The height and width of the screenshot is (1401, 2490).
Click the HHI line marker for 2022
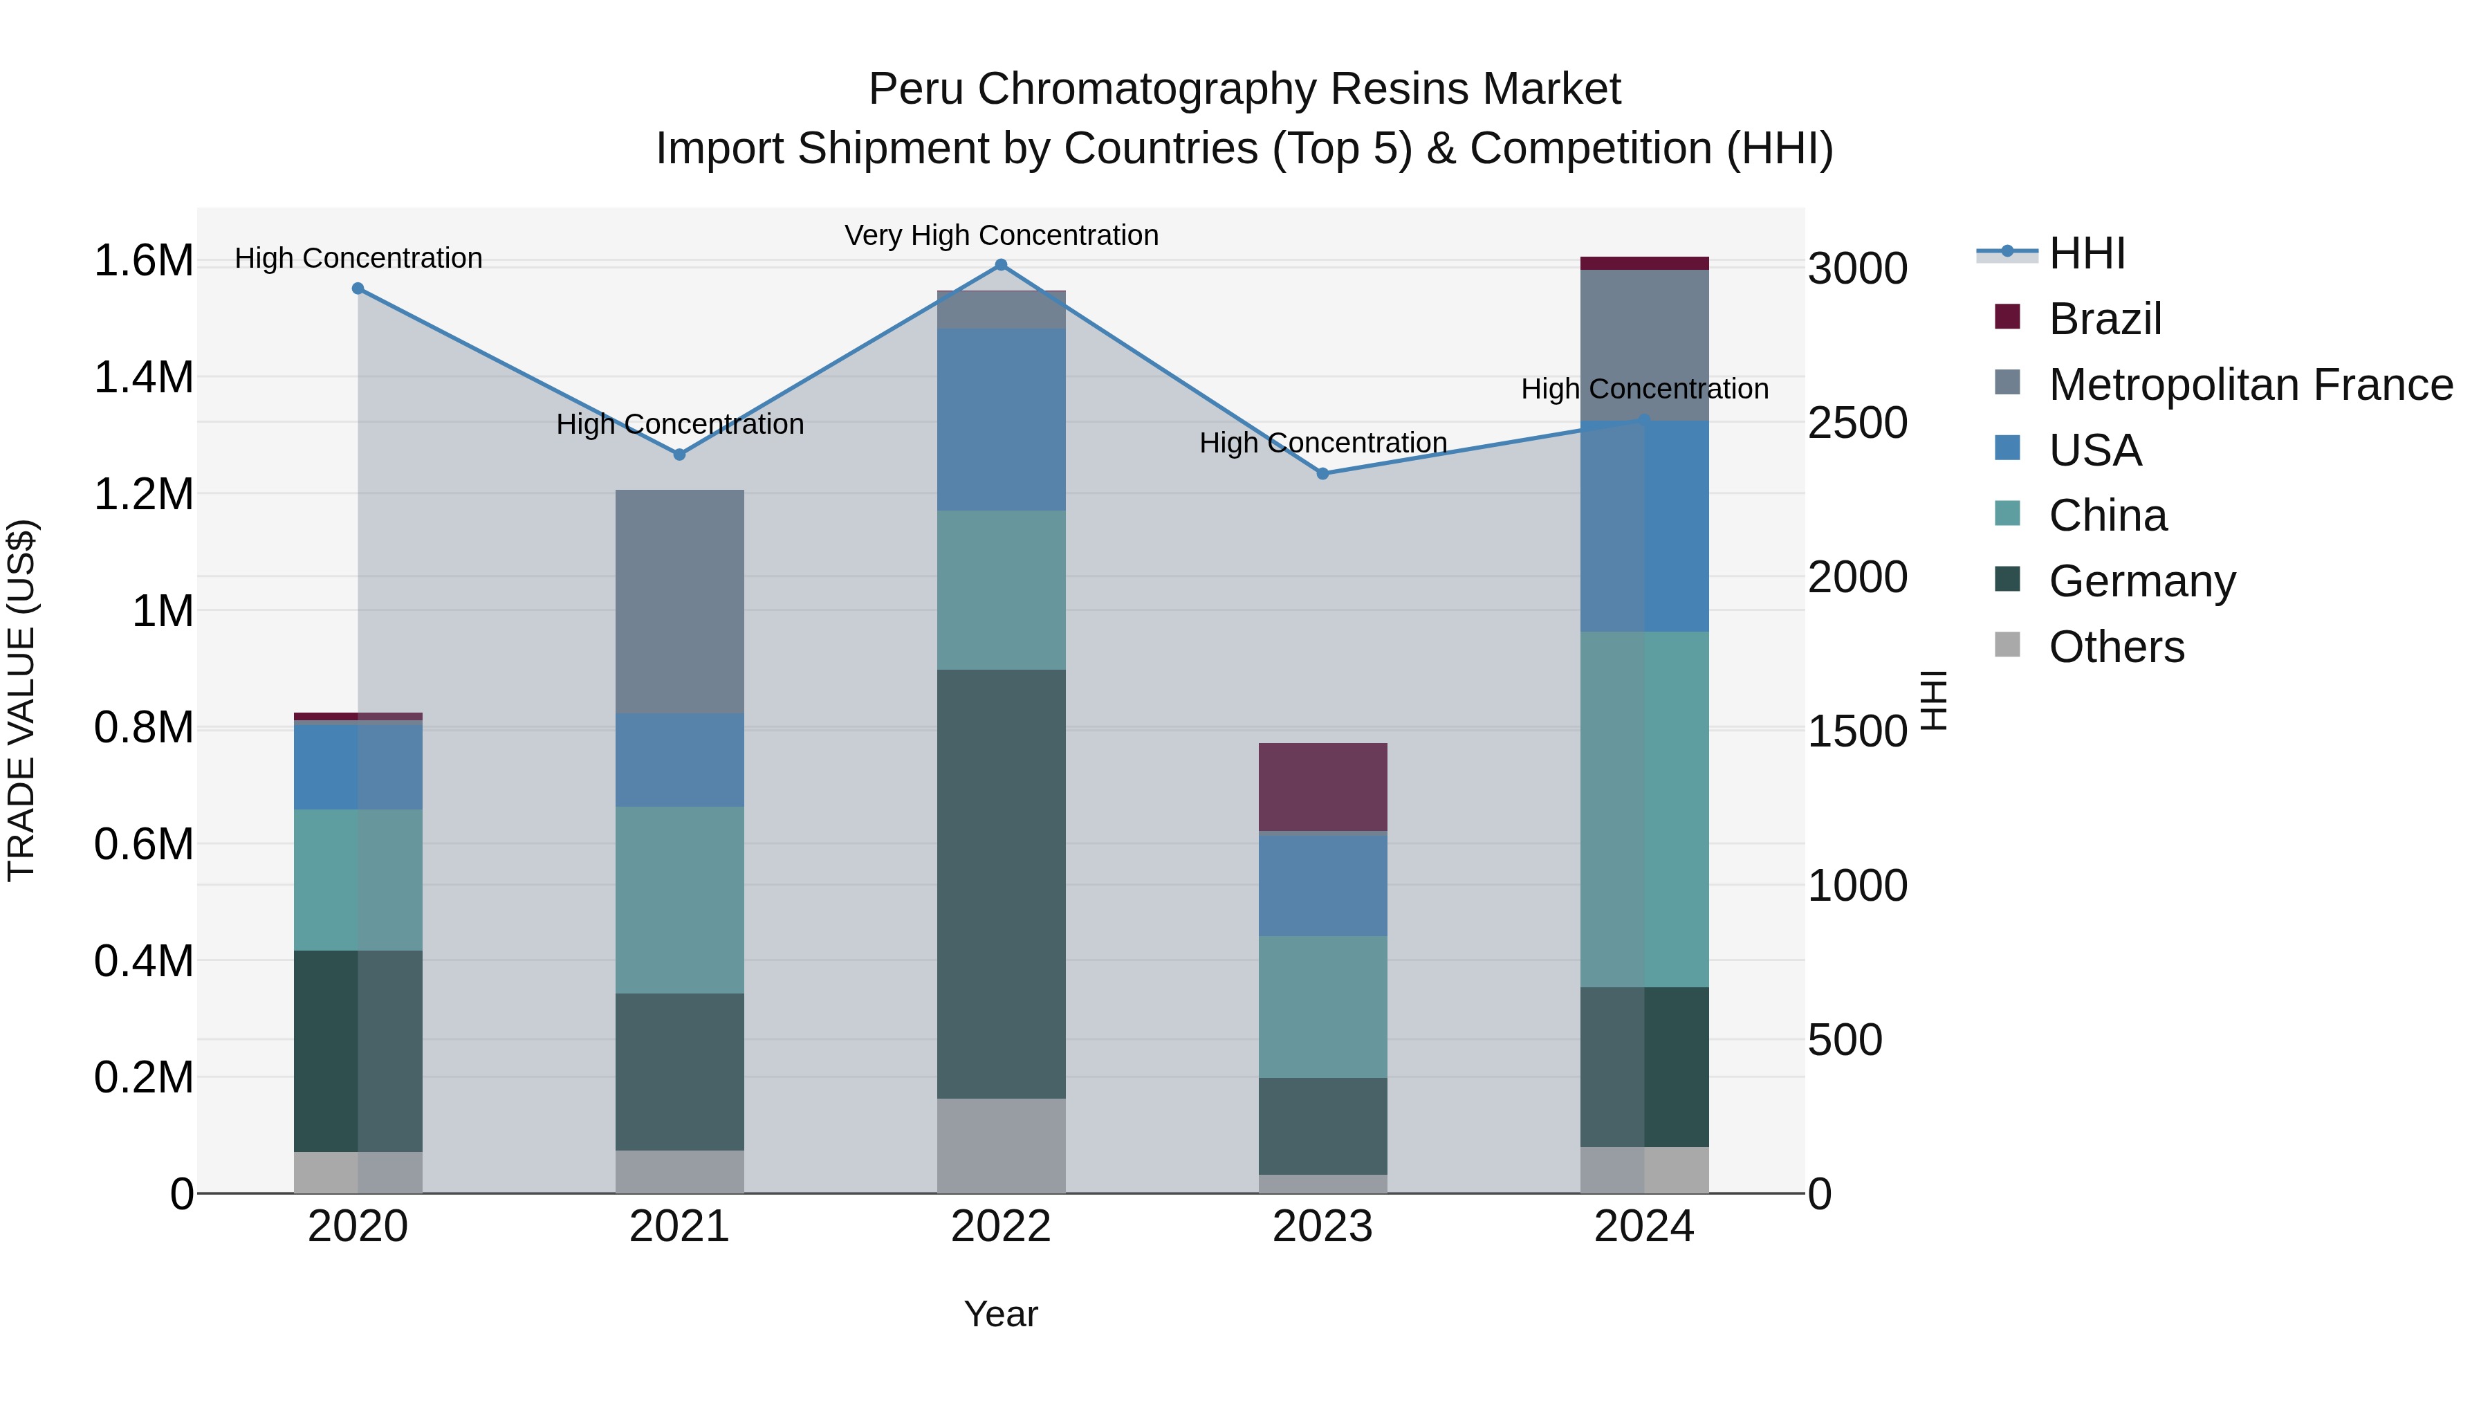click(1002, 265)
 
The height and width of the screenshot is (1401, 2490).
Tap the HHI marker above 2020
click(358, 288)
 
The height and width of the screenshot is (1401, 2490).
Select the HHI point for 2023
click(1323, 474)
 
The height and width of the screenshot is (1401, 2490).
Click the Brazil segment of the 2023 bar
click(1322, 786)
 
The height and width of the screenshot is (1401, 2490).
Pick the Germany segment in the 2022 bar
click(1002, 883)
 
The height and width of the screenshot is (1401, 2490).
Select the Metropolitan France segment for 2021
click(679, 601)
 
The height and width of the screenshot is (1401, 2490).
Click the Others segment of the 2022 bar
click(1002, 1145)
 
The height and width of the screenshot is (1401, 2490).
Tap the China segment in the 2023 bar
click(1322, 1007)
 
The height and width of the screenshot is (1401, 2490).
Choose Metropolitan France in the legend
click(2250, 385)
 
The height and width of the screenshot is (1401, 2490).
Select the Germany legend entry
click(2142, 581)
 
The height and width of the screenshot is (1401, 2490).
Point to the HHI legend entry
click(2086, 253)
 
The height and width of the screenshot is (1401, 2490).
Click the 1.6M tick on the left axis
click(143, 261)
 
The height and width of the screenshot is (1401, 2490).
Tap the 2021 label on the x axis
click(679, 1227)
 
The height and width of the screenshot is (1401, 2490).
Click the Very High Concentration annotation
click(1002, 235)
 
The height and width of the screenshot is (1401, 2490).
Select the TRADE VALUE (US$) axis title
click(21, 700)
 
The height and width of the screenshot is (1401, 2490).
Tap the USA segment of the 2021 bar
click(679, 760)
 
